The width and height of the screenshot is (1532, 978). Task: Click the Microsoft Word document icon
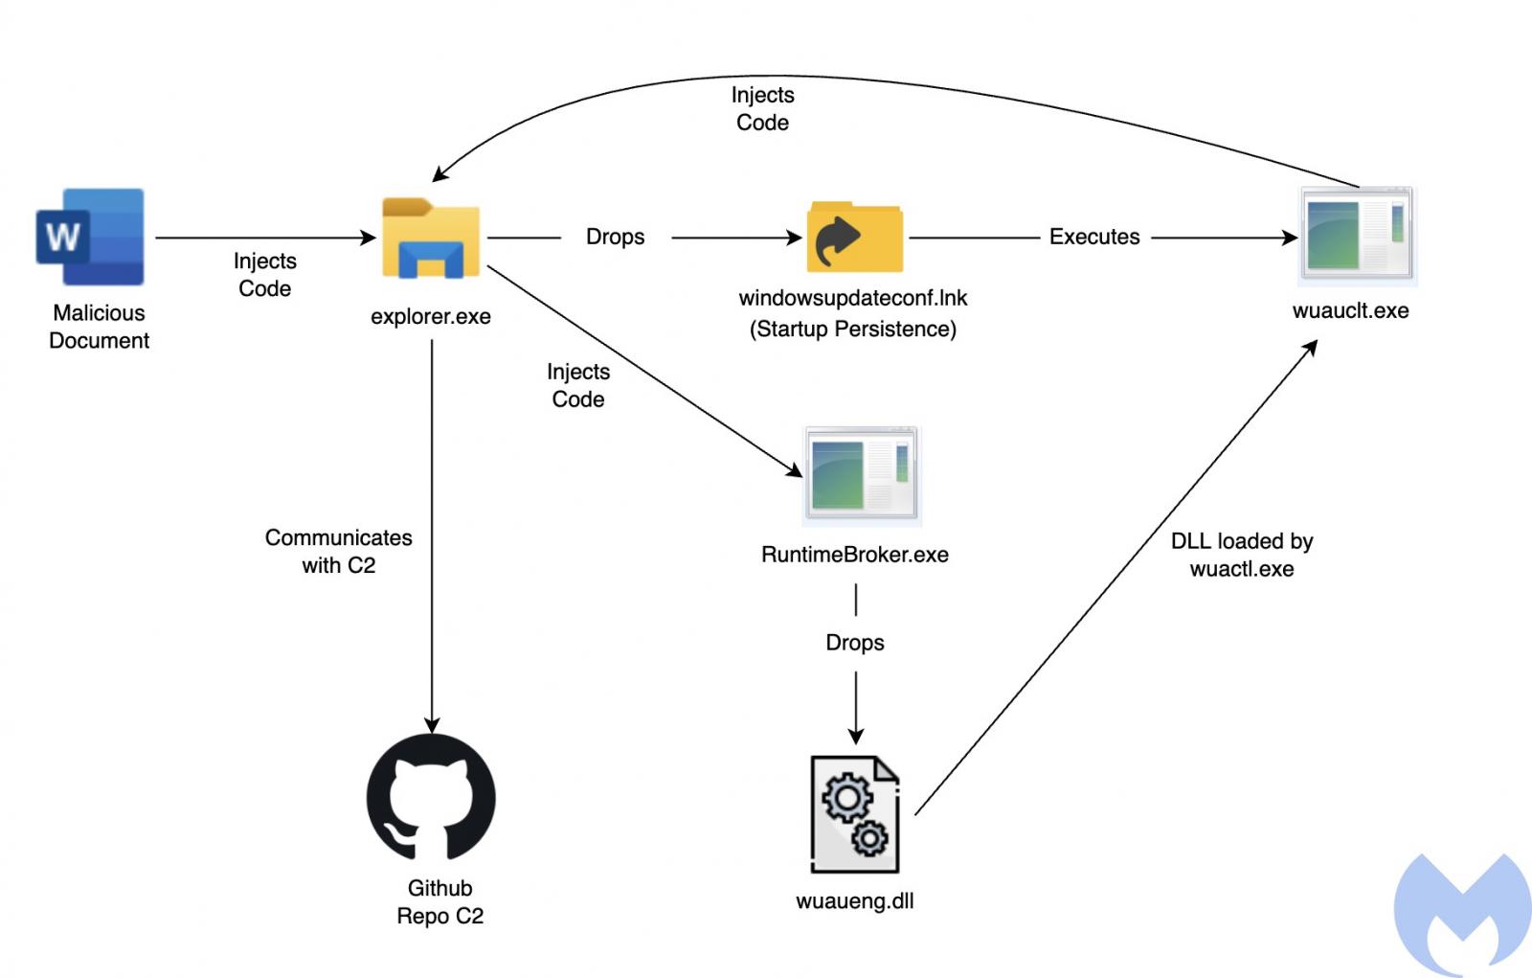[x=90, y=237]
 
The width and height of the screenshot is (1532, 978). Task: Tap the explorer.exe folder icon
[x=431, y=239]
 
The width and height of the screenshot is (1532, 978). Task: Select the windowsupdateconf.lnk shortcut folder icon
[x=854, y=237]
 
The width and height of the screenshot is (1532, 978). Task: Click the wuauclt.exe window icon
[x=1357, y=236]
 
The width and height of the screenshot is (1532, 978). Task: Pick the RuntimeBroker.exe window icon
[x=862, y=476]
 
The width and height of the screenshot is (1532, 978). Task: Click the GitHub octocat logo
[x=431, y=797]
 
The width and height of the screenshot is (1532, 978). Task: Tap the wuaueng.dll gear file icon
[x=855, y=814]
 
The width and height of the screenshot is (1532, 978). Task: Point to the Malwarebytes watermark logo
[x=1463, y=915]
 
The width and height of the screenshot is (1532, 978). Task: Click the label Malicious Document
[x=99, y=327]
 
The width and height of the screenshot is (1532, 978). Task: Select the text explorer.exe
[x=431, y=316]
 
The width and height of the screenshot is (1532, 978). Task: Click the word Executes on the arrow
[x=1094, y=237]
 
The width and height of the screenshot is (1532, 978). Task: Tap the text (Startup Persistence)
[x=852, y=329]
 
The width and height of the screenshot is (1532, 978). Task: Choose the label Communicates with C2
[x=338, y=551]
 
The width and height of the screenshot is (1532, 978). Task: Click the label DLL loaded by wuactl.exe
[x=1242, y=555]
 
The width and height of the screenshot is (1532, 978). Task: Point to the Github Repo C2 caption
[x=439, y=901]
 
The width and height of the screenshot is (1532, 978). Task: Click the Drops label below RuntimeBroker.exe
[x=855, y=642]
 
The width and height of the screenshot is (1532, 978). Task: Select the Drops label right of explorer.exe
[x=615, y=237]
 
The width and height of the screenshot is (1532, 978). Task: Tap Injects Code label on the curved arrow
[x=762, y=108]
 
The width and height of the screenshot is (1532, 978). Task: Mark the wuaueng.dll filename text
[x=854, y=900]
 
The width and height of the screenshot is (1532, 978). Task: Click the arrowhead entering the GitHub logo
[x=432, y=725]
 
